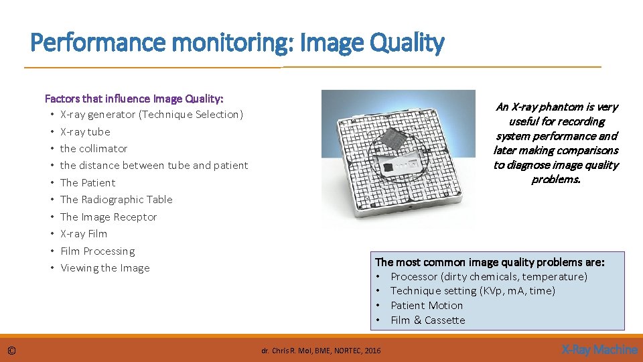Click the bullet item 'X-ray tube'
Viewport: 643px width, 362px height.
(x=85, y=132)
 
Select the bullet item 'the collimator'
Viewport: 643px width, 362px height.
(x=94, y=149)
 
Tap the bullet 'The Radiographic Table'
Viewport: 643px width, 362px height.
(x=116, y=200)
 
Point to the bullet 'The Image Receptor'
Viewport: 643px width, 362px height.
(x=109, y=217)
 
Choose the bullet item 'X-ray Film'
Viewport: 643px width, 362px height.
(x=84, y=234)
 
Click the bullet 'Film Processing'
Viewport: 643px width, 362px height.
(x=98, y=251)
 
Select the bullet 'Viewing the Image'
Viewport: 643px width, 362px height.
(x=105, y=268)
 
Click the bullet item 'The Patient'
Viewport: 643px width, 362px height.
(x=88, y=183)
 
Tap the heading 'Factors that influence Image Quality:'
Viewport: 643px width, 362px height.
(x=134, y=99)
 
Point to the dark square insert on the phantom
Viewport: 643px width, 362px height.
(x=394, y=139)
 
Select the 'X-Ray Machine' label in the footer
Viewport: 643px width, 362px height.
(x=599, y=349)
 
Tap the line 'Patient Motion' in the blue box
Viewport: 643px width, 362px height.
(x=427, y=306)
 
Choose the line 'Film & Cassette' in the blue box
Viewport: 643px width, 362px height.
(x=427, y=320)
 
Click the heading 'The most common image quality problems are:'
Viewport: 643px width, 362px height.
(x=490, y=262)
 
